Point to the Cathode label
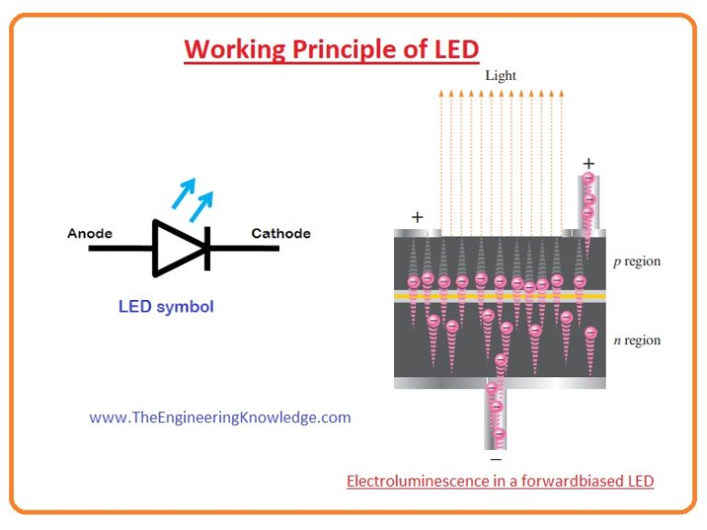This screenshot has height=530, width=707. click(281, 234)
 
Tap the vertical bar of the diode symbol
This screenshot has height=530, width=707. click(207, 248)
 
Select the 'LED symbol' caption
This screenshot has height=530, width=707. click(166, 307)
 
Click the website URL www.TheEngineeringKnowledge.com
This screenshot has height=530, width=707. click(220, 417)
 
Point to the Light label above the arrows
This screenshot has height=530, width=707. click(501, 75)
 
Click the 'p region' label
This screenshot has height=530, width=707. click(637, 261)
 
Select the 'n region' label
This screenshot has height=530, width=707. click(637, 340)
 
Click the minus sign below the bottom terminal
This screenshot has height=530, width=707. click(496, 458)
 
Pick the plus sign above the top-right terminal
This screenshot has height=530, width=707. click(588, 164)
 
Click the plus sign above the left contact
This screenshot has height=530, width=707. click(417, 217)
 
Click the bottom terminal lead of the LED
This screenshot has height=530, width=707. click(496, 414)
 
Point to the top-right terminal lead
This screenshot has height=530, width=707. click(588, 202)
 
